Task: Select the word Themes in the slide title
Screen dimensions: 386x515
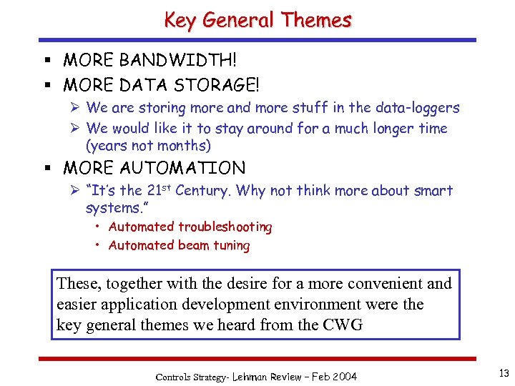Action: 316,20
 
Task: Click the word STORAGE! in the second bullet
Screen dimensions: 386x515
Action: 215,86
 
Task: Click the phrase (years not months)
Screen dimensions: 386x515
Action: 148,146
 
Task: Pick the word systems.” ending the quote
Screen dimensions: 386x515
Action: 116,208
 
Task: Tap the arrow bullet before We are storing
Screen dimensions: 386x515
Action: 74,108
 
